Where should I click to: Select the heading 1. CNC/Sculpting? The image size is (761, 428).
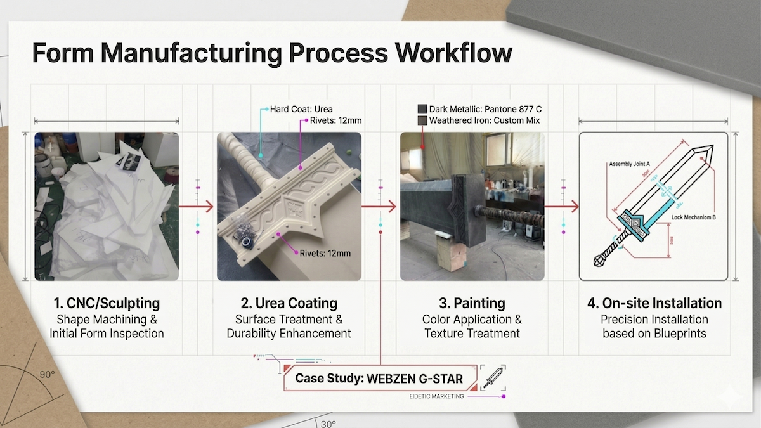(x=107, y=303)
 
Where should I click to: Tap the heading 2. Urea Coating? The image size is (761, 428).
(x=289, y=303)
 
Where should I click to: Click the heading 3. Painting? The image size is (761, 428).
(x=472, y=303)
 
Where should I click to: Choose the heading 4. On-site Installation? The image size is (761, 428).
(x=654, y=303)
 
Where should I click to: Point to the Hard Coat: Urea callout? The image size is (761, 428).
(x=301, y=109)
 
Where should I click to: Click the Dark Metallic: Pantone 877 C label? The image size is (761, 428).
(x=485, y=109)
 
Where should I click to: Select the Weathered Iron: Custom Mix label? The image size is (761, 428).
(x=485, y=120)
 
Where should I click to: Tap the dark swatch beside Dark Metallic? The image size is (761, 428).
(x=422, y=109)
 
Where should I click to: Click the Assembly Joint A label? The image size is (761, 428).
(x=629, y=164)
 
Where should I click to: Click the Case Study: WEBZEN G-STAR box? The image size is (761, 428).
(x=379, y=379)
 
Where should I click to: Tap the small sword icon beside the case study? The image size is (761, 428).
(x=492, y=377)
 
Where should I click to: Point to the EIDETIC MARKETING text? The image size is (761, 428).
(x=436, y=396)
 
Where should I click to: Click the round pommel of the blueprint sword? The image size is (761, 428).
(x=599, y=261)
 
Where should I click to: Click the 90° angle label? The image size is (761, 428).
(x=47, y=375)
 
